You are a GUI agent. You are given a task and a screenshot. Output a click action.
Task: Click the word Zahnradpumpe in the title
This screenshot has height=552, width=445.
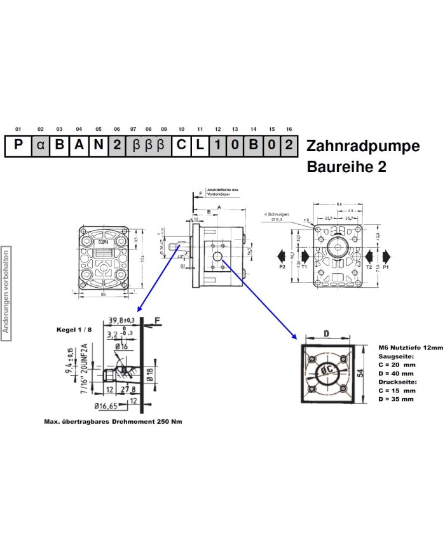coord(363,146)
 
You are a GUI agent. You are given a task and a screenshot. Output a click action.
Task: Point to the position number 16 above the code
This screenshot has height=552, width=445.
coord(289,130)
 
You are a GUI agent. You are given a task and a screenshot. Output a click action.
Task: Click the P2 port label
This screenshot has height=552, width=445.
coord(282,267)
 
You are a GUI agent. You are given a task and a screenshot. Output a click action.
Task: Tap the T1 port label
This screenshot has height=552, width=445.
coord(304,267)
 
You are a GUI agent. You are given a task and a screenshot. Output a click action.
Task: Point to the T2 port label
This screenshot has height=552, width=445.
coord(368,267)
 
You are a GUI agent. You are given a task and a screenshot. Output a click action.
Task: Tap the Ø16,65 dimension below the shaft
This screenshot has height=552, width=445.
coord(107,405)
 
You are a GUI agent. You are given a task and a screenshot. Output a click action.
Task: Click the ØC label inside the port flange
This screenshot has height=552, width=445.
coord(329,370)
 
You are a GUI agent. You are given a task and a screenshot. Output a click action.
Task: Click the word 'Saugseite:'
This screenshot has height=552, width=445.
coord(395,357)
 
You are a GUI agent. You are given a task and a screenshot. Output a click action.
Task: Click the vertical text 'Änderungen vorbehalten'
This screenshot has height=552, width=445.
coord(6,290)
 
